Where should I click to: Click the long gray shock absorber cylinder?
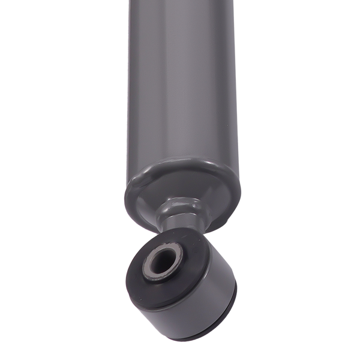point(183,90)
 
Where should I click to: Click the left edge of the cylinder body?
point(129,90)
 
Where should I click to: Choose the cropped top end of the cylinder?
point(183,3)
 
